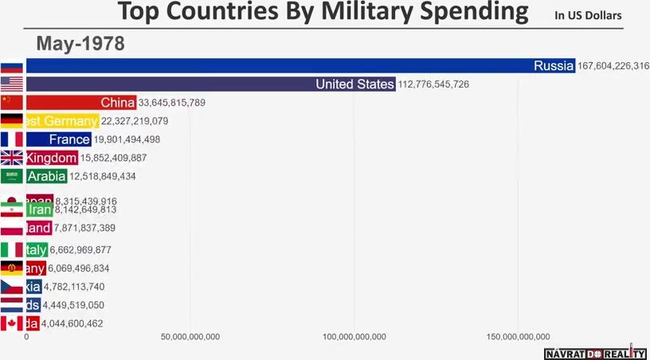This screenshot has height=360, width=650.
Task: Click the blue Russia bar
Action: coord(279,66)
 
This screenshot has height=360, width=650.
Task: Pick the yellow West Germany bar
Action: coord(62,121)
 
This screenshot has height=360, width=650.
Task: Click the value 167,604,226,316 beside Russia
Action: coord(613,66)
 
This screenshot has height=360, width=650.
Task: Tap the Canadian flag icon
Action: coord(12,323)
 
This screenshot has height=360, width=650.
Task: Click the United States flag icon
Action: coord(12,84)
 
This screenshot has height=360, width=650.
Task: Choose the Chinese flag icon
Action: coord(12,103)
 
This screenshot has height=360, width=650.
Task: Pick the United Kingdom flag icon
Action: coord(12,158)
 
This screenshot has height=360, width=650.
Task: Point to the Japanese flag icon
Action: coord(12,201)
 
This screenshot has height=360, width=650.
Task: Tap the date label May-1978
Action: coord(80,44)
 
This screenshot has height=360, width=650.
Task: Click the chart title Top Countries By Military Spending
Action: coord(323,13)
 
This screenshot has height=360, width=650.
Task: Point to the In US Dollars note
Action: coord(589,15)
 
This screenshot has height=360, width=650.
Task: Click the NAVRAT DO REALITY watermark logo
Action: coord(594,353)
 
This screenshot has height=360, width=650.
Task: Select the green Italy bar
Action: coord(37,250)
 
